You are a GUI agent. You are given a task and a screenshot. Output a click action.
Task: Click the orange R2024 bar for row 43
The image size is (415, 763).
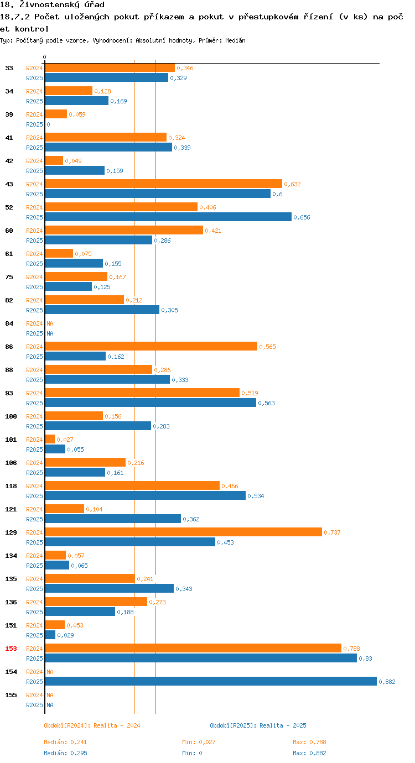click(x=163, y=184)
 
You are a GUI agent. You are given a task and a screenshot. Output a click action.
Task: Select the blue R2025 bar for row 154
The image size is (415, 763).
click(x=210, y=681)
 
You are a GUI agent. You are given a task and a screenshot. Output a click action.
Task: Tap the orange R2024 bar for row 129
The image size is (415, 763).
click(x=183, y=532)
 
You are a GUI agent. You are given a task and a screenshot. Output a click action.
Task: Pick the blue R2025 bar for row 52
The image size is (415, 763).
click(x=168, y=217)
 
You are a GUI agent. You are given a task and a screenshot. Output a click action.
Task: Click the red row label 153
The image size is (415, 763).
click(x=11, y=649)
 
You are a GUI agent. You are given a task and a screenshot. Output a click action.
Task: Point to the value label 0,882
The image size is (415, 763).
click(x=387, y=682)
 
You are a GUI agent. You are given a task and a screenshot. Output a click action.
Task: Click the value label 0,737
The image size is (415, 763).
click(x=332, y=532)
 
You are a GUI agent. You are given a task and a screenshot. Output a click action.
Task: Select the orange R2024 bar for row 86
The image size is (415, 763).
click(x=151, y=346)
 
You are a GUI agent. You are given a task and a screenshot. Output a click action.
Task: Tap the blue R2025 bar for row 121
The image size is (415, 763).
click(x=113, y=519)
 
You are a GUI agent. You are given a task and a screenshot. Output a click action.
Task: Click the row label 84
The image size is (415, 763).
click(x=9, y=323)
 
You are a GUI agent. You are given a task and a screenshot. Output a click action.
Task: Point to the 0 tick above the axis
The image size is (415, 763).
click(x=45, y=57)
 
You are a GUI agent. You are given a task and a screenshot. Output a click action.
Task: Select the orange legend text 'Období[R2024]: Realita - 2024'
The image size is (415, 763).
click(x=92, y=725)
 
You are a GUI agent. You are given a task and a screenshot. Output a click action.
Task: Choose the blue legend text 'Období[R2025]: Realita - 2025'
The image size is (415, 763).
click(x=258, y=725)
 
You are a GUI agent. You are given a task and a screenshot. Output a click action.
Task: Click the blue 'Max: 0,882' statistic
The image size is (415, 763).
click(x=310, y=753)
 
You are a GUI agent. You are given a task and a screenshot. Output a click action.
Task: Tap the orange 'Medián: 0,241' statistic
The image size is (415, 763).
click(x=65, y=742)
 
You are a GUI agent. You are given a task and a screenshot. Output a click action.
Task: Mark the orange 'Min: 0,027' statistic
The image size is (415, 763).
click(x=199, y=742)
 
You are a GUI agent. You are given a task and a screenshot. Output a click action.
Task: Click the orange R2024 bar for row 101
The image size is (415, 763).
click(x=50, y=439)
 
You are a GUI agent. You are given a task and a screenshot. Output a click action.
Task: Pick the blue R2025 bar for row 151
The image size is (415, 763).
click(x=50, y=635)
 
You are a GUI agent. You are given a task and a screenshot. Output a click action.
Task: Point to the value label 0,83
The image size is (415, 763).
click(x=365, y=659)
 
